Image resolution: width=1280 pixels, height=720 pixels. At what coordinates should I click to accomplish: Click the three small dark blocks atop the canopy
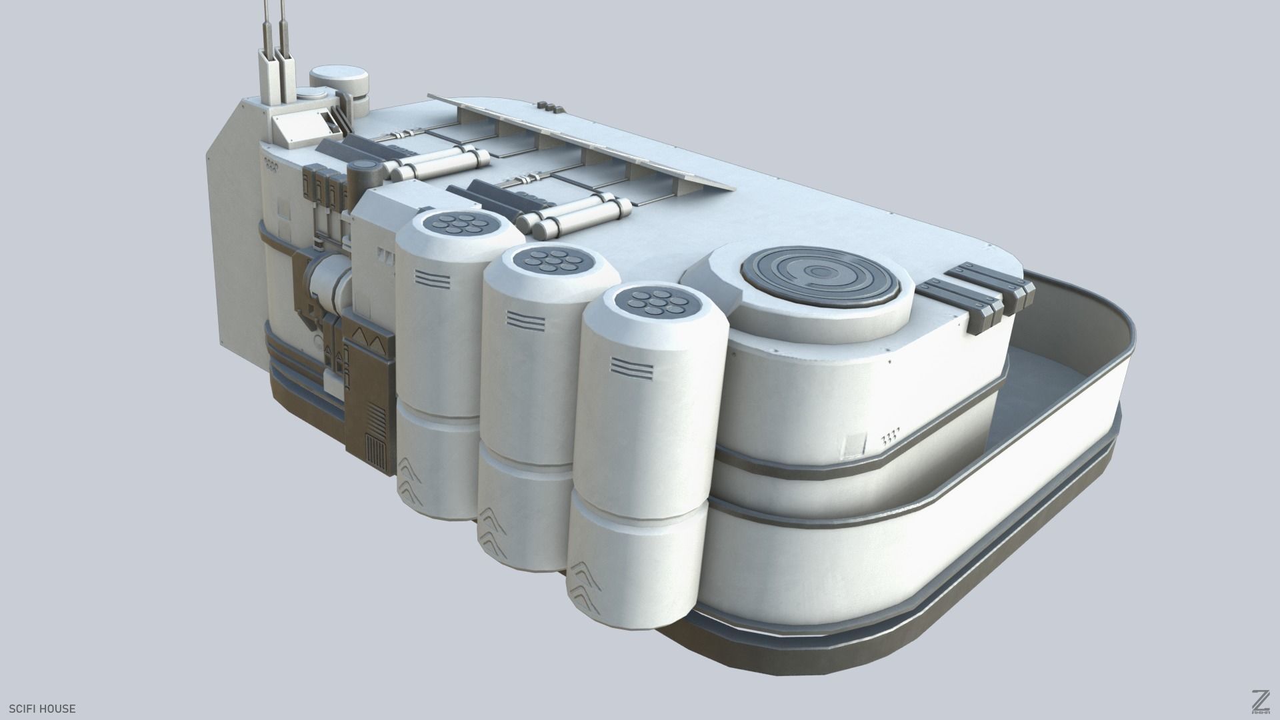coord(550,105)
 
